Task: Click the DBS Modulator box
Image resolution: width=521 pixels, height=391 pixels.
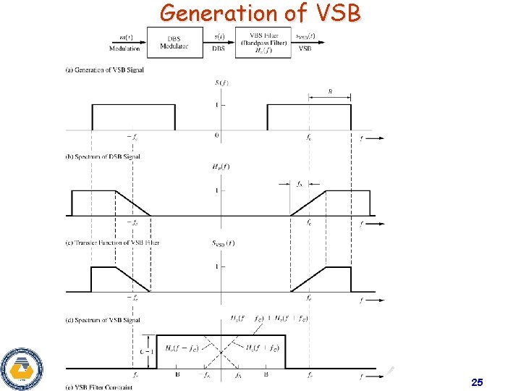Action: coord(174,43)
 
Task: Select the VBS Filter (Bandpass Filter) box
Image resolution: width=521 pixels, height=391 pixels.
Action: coord(266,43)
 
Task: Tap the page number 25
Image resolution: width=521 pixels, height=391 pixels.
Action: coord(476,382)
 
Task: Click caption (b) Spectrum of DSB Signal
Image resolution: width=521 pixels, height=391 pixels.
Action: coord(103,156)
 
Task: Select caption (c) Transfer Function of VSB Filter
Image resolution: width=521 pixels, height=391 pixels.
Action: coord(112,243)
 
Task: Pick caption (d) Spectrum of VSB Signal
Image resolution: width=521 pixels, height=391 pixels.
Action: coord(103,319)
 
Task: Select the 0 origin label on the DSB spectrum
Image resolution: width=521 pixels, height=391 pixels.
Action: coord(216,136)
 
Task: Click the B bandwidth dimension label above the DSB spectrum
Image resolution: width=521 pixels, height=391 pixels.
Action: coord(331,92)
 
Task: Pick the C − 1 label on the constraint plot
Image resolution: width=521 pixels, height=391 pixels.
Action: coord(144,350)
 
